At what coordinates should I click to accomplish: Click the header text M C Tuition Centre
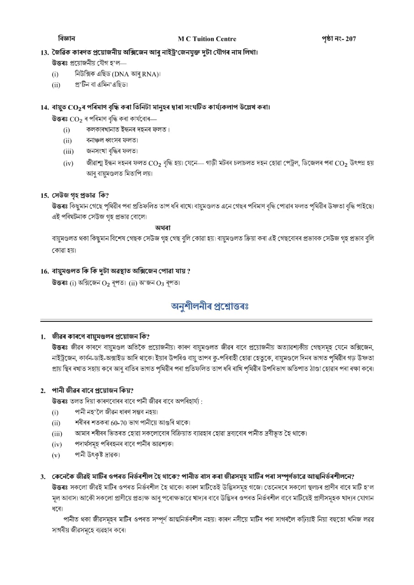coord(207,39)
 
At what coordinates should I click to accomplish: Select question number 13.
coord(44,52)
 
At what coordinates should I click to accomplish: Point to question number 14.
coord(44,108)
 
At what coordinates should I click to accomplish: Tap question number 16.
coord(44,271)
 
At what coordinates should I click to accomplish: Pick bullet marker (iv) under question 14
coord(68,163)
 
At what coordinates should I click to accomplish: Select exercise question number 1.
coord(43,337)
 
